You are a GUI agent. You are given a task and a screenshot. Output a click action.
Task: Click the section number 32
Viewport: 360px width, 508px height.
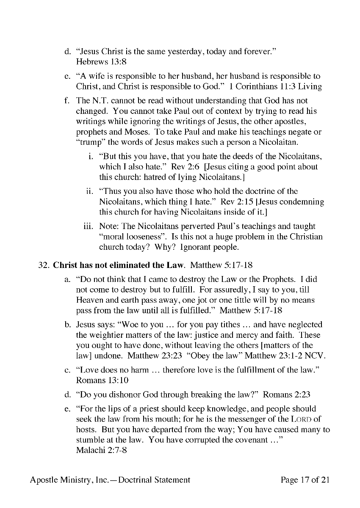44,265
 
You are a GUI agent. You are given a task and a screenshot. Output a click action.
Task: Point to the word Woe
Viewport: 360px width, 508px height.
135,325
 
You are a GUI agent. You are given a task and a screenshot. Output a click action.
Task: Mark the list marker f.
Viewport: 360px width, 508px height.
67,101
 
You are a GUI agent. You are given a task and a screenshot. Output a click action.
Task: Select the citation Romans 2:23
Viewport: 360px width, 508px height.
287,395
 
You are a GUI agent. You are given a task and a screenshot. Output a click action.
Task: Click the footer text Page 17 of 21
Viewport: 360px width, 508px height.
305,480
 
